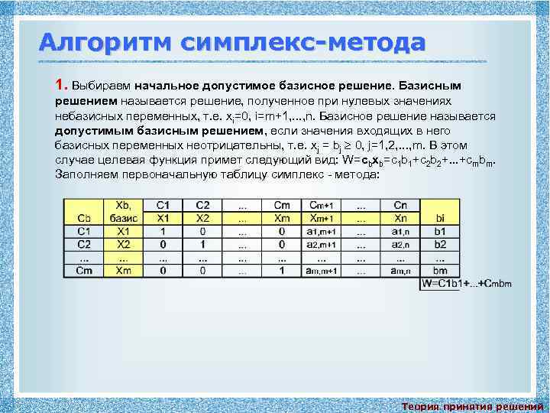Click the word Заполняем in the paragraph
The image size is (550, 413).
86,174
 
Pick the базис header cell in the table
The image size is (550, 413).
122,218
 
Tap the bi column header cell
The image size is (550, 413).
439,218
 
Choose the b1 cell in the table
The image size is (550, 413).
439,230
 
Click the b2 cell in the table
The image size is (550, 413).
439,244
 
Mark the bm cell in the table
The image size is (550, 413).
439,270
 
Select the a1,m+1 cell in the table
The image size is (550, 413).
322,230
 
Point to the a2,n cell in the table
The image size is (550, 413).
400,244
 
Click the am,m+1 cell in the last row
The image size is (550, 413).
322,270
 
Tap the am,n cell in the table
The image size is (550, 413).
400,270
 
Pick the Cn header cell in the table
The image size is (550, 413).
400,205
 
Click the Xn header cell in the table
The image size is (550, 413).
400,218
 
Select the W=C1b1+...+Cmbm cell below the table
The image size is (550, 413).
466,284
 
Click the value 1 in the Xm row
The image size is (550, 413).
281,270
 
